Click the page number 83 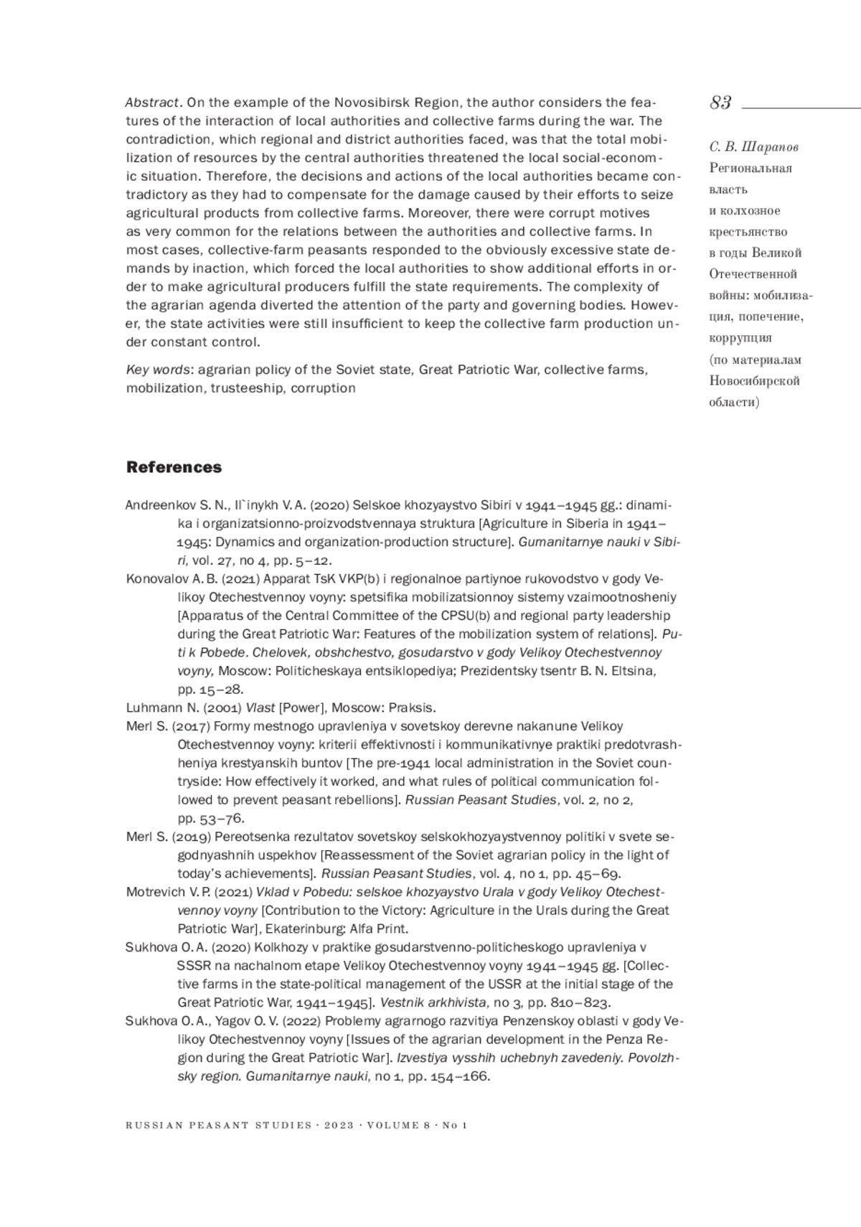720,103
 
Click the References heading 174,467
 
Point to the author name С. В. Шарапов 753,147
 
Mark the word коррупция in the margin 740,338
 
